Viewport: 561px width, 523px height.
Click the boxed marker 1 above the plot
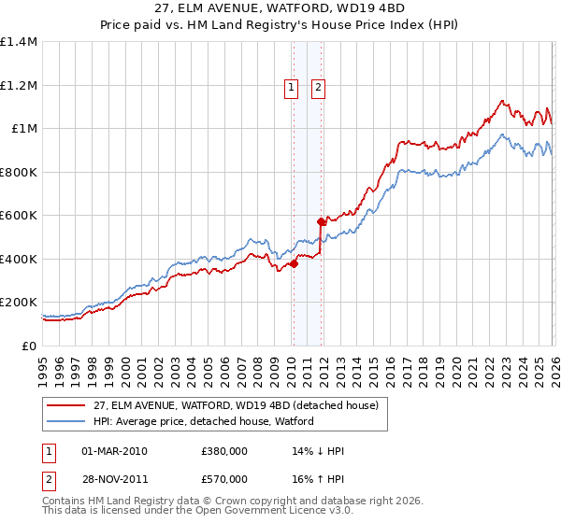coord(292,88)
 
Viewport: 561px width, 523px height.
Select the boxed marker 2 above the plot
coord(319,88)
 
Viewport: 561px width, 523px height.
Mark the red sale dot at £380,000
coord(294,263)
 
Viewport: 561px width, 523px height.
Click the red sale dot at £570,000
coord(322,222)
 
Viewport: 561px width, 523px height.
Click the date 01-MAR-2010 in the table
coord(115,451)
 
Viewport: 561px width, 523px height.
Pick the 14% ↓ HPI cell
coord(319,451)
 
